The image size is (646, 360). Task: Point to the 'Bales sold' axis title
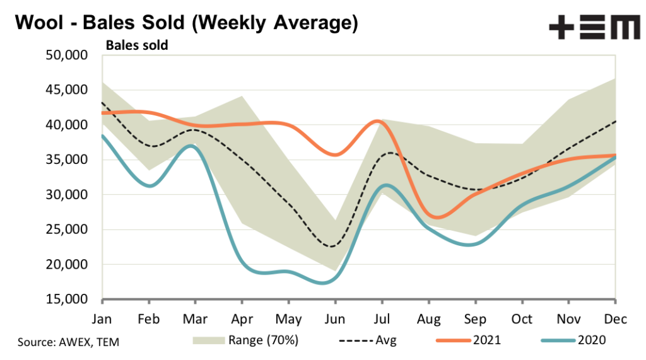pos(136,45)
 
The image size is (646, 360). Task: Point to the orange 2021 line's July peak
pos(377,120)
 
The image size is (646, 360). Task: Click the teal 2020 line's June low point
pos(325,283)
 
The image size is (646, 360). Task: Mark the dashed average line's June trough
pos(332,247)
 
